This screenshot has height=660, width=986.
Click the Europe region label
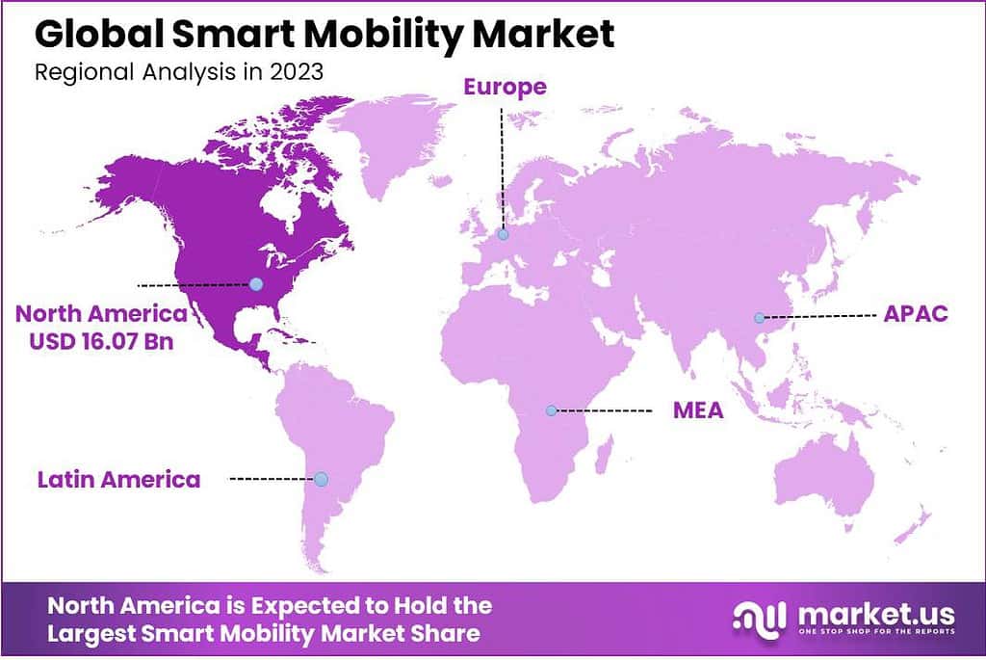505,87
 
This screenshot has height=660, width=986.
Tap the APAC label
916,315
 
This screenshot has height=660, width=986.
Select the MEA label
698,411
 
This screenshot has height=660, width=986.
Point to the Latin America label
119,479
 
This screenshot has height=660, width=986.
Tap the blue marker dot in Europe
503,233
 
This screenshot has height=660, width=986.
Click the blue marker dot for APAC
759,318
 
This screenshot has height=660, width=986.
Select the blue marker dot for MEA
551,410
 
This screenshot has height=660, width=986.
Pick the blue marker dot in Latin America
321,479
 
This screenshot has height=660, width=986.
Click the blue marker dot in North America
255,283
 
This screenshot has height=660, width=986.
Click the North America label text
100,314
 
